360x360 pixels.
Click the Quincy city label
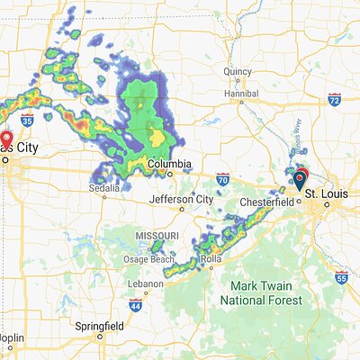[x=238, y=70]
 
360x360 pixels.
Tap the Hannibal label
[x=240, y=93]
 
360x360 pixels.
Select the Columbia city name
[x=169, y=165]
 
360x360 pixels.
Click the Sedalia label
[x=104, y=188]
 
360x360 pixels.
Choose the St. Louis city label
[x=325, y=193]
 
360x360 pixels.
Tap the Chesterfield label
[x=266, y=202]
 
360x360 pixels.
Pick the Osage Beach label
[x=148, y=260]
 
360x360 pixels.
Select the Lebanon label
[x=145, y=283]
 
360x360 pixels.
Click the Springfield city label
[x=100, y=324]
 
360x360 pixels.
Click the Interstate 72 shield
[x=335, y=98]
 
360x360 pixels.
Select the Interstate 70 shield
[x=222, y=179]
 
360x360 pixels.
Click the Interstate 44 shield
[x=135, y=306]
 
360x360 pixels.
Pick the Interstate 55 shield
[x=341, y=278]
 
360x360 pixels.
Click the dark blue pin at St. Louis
[x=300, y=181]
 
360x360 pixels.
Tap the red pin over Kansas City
[x=6, y=140]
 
